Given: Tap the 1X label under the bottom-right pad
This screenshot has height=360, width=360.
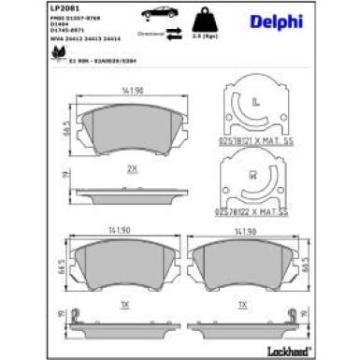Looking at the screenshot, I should [x=241, y=305].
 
